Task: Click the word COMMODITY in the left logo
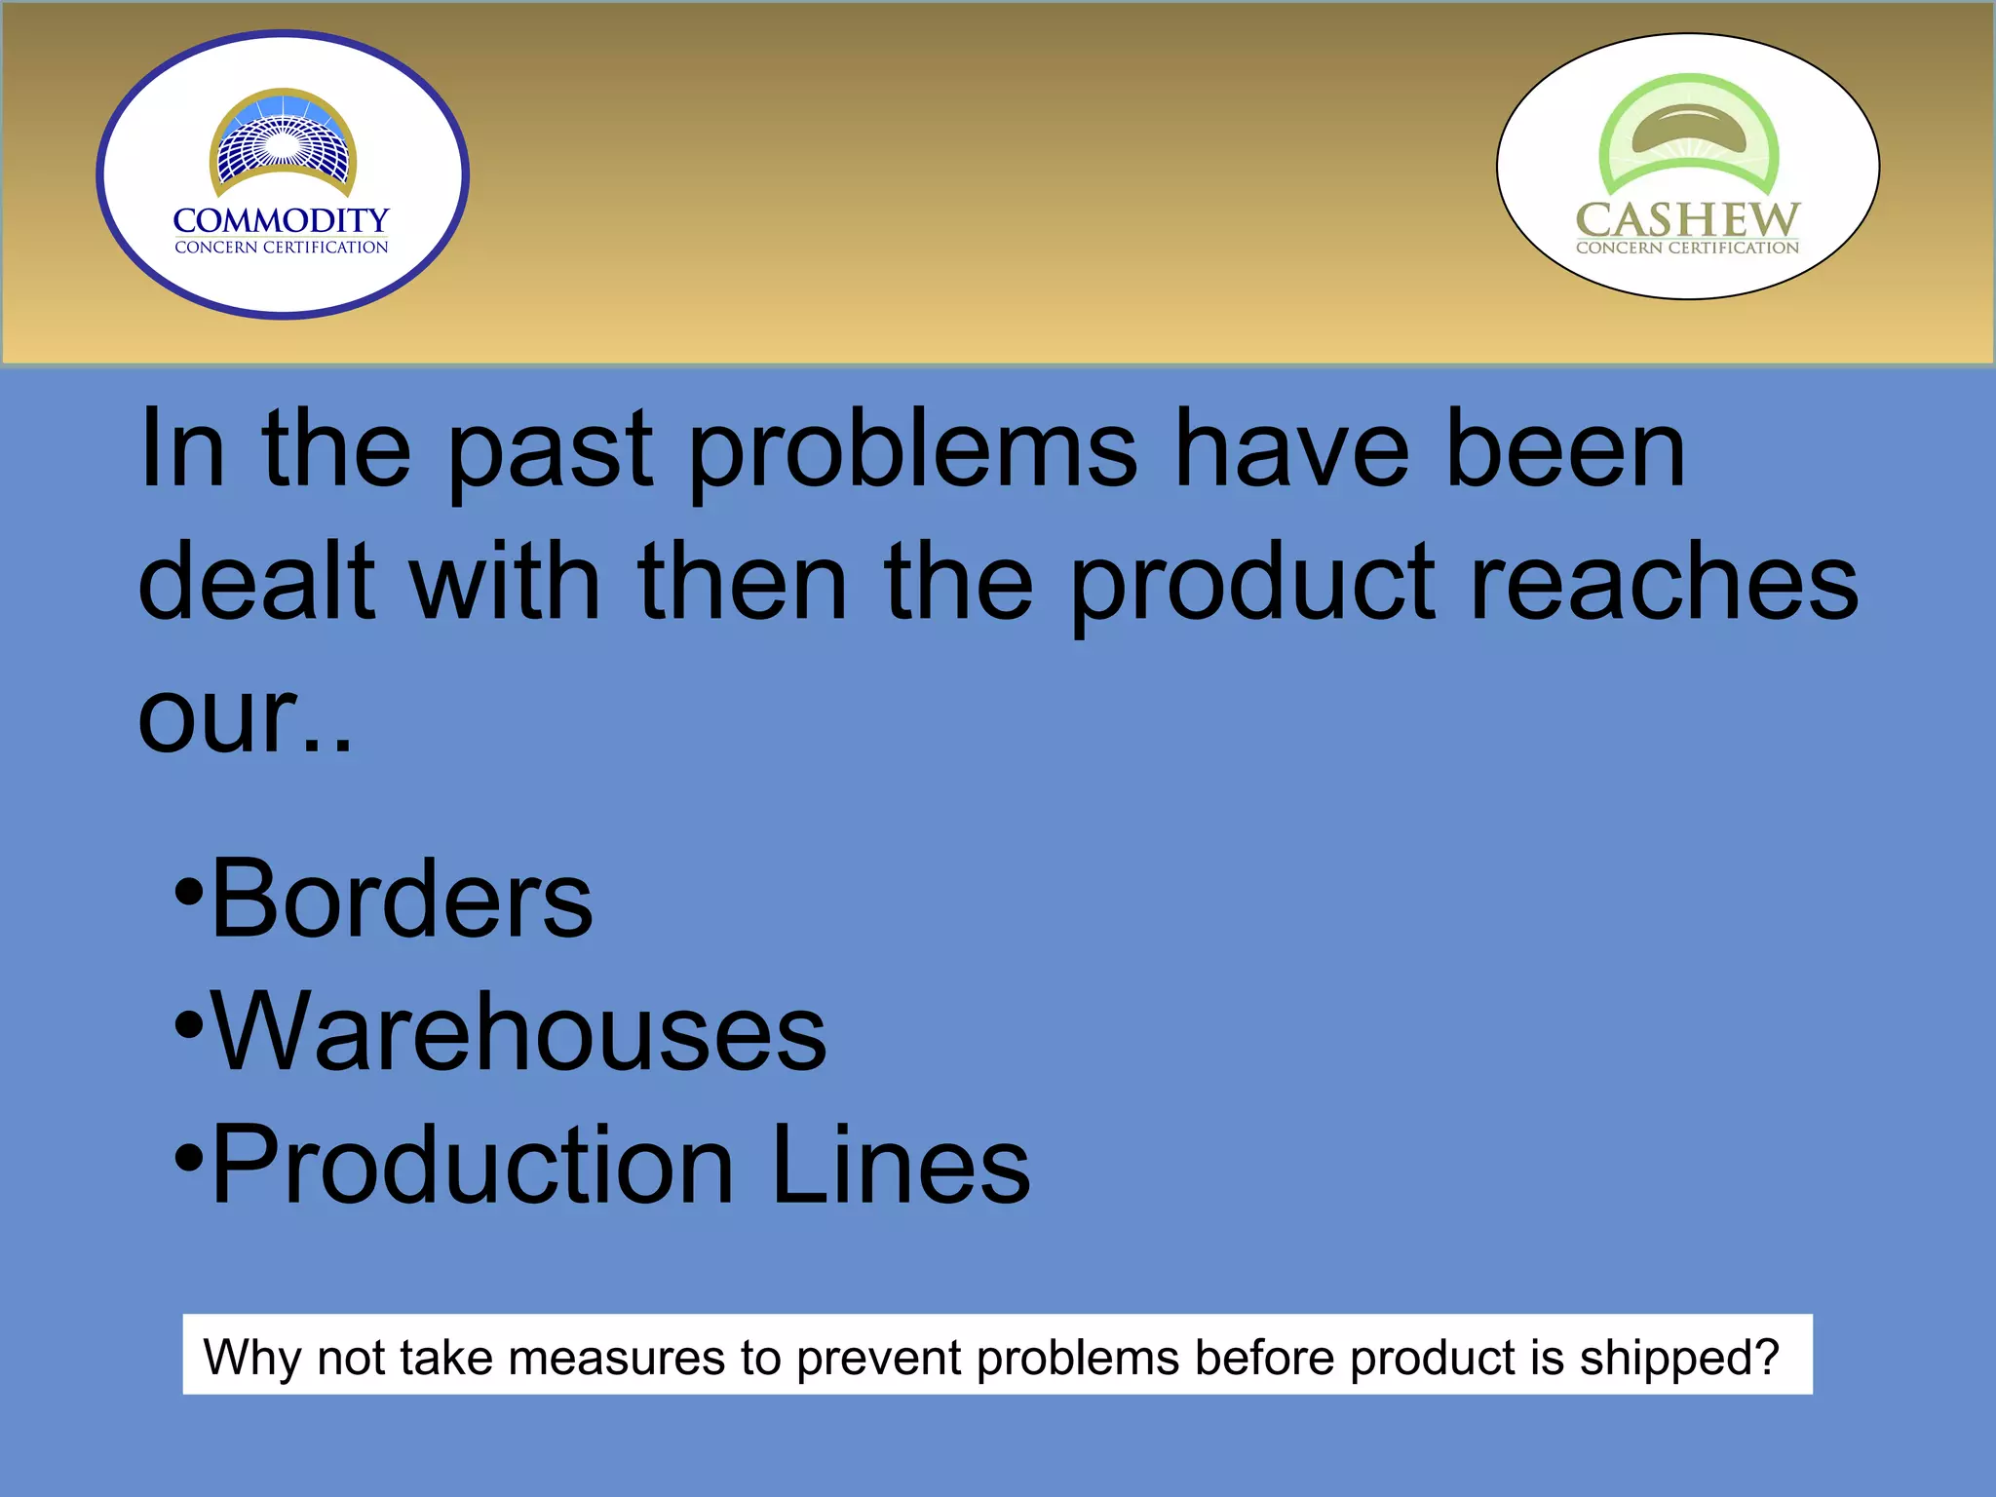281,221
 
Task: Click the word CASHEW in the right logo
1687,220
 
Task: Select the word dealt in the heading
256,582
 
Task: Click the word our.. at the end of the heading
244,717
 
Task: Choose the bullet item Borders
401,899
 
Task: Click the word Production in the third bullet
472,1165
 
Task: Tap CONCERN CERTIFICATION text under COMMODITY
281,248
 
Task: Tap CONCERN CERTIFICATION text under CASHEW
1687,248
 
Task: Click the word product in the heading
1251,582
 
